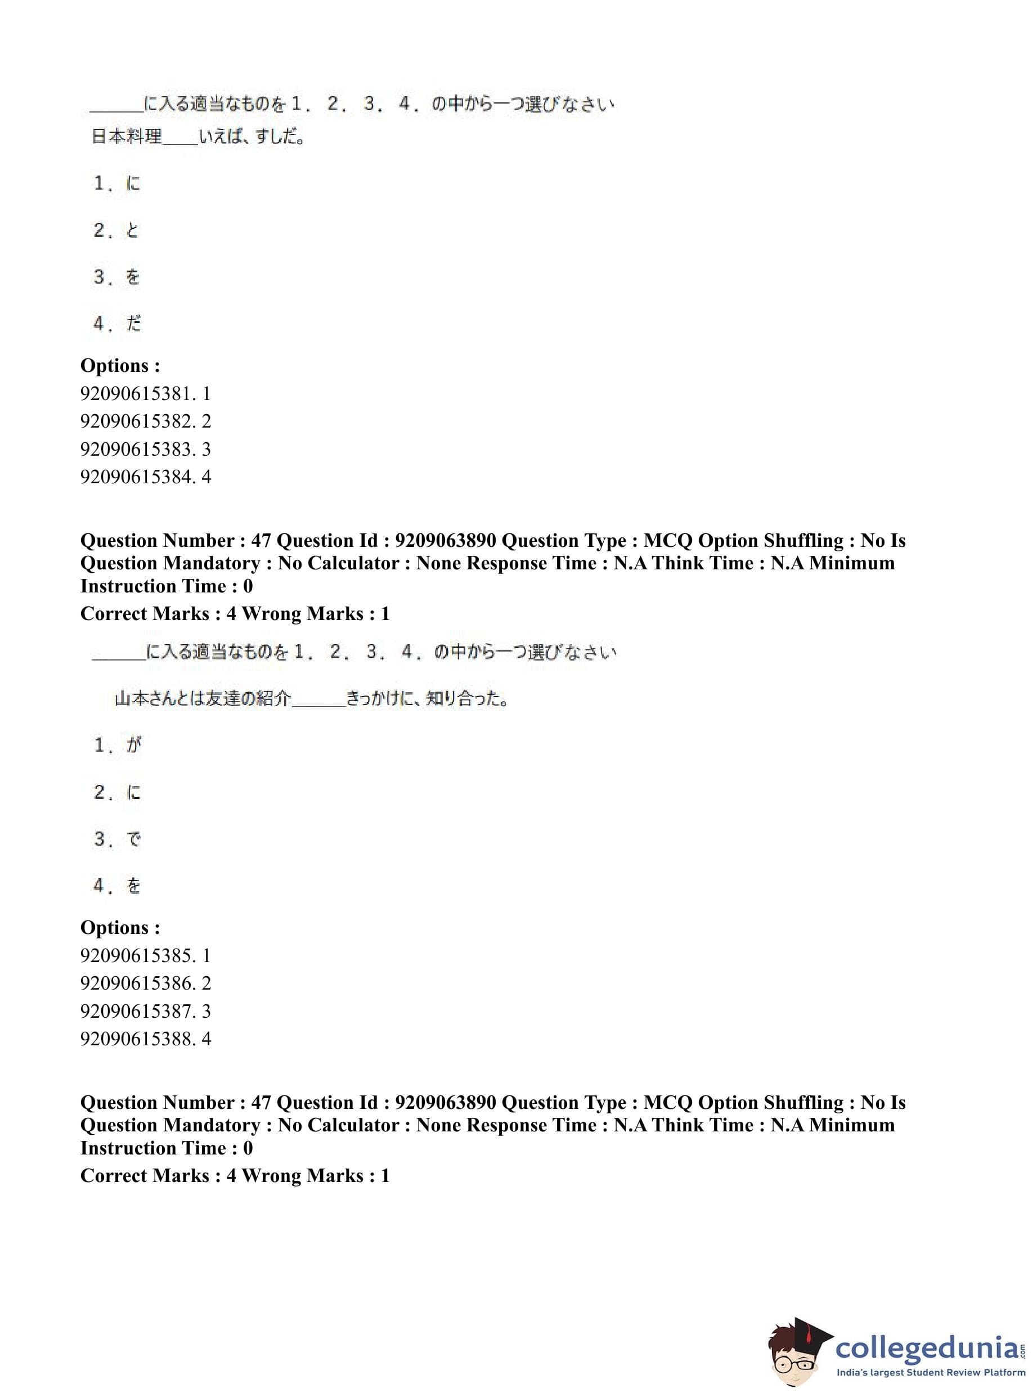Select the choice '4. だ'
(117, 323)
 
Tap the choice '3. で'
(118, 838)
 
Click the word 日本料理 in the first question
(127, 136)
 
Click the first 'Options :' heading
(120, 365)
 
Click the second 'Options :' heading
(120, 927)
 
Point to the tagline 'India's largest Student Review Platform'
(930, 1373)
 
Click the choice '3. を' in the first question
(117, 276)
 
